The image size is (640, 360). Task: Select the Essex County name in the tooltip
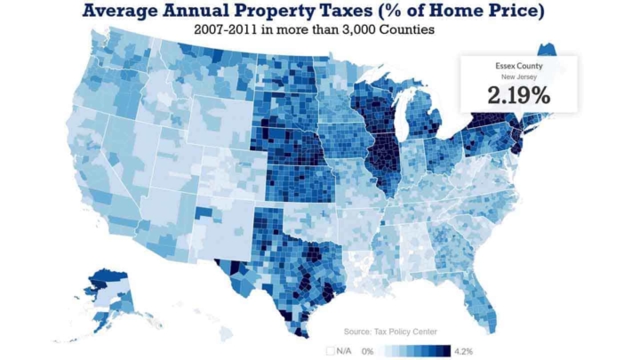tap(518, 67)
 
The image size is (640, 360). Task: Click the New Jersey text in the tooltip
tap(518, 78)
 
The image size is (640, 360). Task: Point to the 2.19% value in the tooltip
tap(518, 96)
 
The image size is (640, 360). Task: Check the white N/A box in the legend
tap(331, 350)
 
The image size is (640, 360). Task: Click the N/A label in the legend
tap(345, 350)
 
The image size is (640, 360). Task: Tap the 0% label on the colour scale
tap(367, 350)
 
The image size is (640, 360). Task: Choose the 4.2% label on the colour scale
tap(464, 350)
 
